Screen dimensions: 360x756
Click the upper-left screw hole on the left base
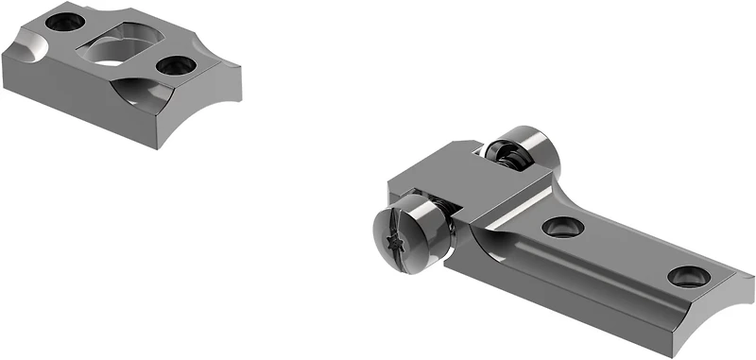(x=66, y=20)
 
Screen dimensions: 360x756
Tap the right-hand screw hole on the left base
(x=175, y=66)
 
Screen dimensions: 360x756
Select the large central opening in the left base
(x=117, y=47)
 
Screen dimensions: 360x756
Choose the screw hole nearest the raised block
(x=562, y=226)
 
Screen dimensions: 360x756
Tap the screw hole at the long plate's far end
(x=687, y=276)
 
